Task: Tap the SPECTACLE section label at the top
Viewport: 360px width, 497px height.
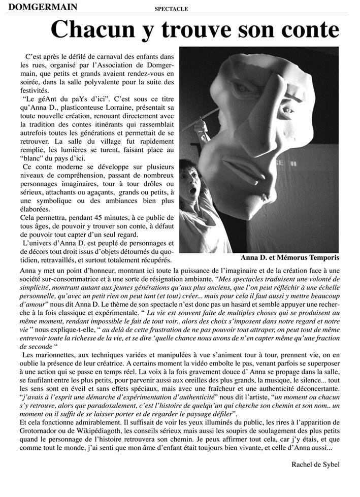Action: (x=171, y=9)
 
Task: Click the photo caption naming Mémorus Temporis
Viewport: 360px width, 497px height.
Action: (x=294, y=257)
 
